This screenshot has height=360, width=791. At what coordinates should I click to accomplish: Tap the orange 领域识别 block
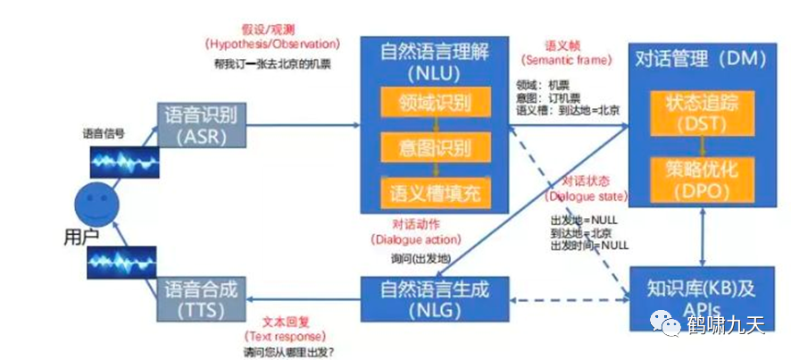click(x=436, y=103)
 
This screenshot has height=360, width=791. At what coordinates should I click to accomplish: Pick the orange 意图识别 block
click(x=436, y=147)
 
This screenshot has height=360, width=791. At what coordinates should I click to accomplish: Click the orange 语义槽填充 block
click(x=436, y=190)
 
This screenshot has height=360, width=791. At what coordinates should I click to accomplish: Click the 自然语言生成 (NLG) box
click(x=436, y=299)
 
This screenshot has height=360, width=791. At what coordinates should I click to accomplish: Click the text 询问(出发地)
click(x=420, y=258)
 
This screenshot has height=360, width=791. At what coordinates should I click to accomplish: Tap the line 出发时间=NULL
click(x=589, y=245)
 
